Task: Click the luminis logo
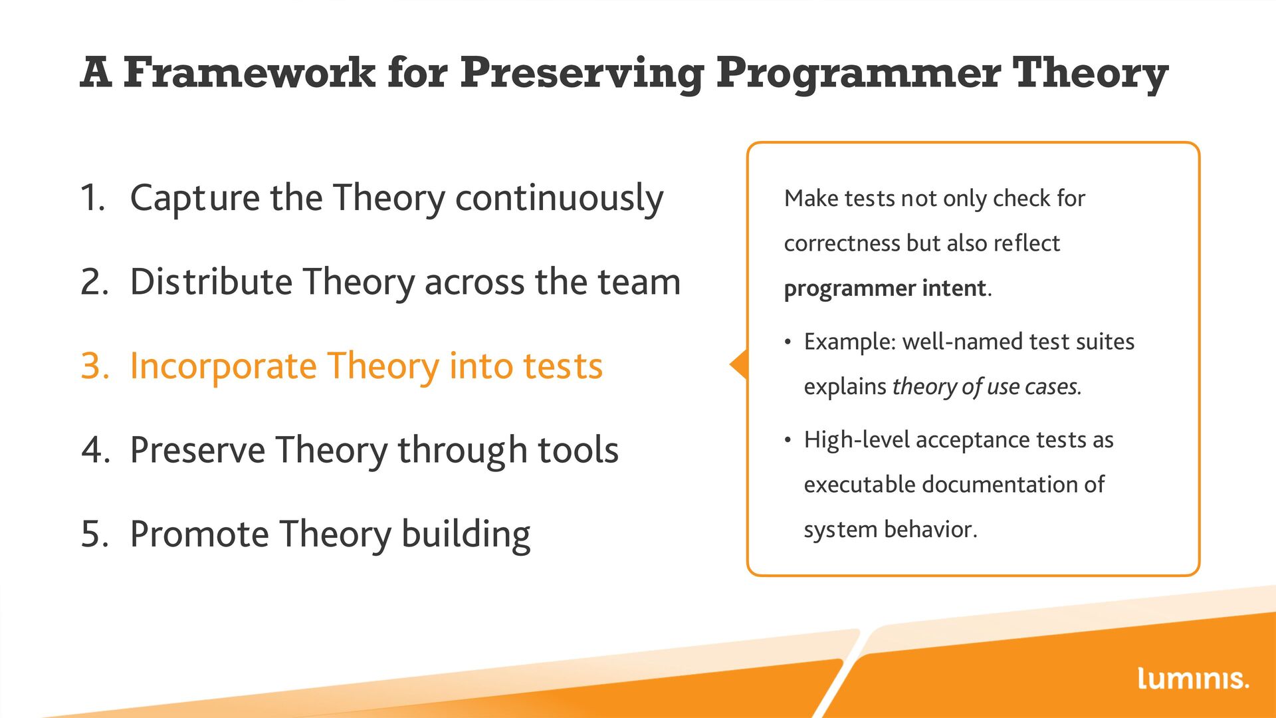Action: coord(1193,678)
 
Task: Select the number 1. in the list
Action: coord(93,197)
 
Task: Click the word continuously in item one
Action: coord(559,199)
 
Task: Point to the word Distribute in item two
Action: coord(211,282)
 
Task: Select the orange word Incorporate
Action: coord(223,367)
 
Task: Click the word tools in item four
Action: coord(578,450)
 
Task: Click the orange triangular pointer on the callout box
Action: coord(739,364)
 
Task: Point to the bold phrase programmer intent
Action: coord(885,289)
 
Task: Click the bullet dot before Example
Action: coord(788,343)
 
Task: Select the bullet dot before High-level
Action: coord(788,441)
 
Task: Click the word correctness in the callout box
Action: coord(842,243)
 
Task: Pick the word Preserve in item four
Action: coord(198,450)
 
